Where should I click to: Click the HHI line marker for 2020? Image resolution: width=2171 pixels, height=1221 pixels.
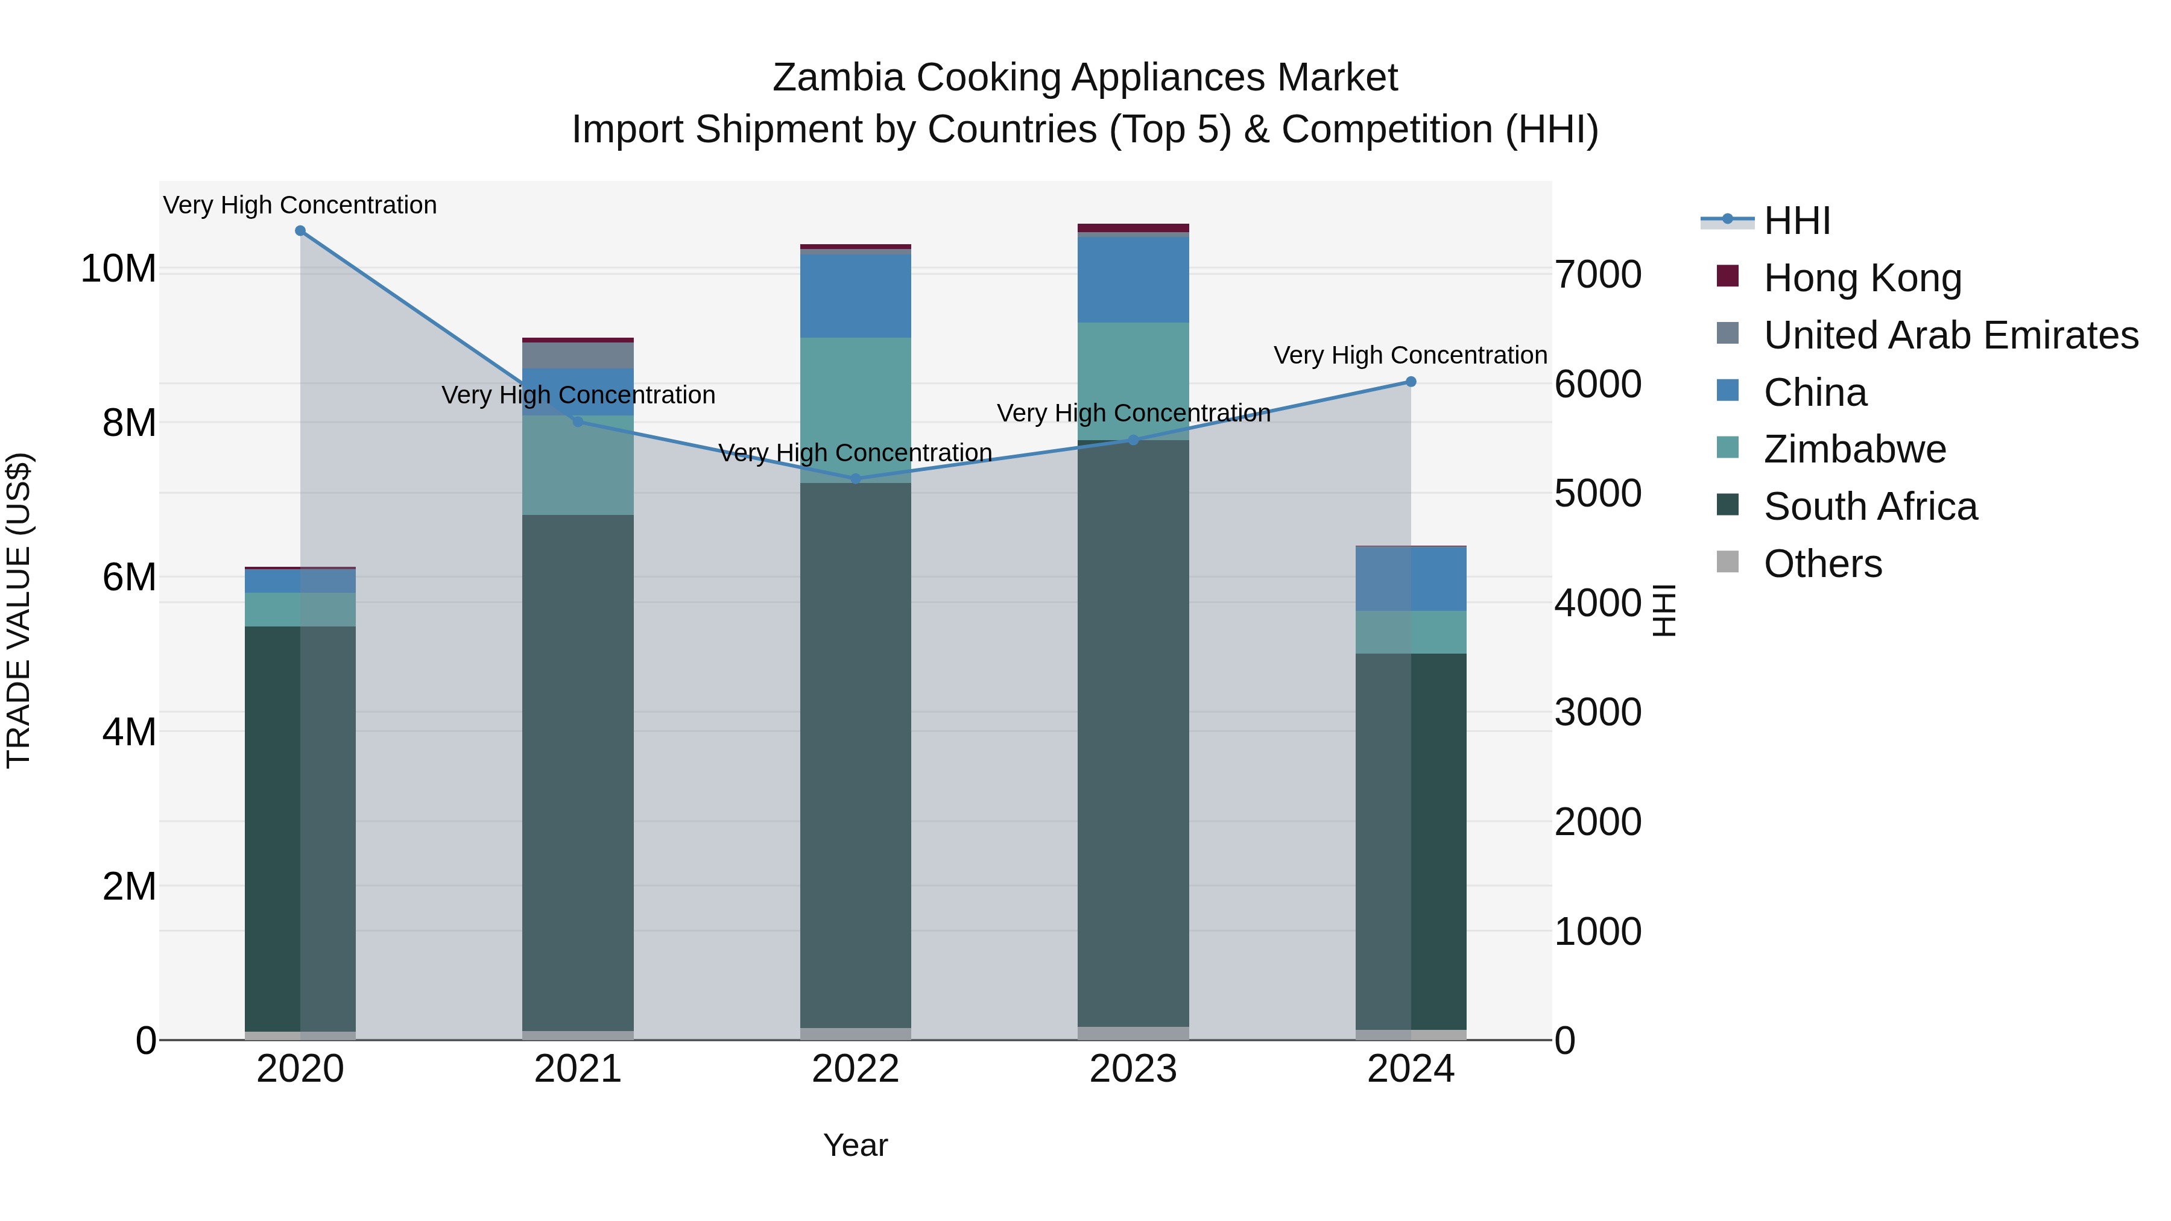[x=300, y=231]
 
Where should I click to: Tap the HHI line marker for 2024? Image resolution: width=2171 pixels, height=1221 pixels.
[x=1411, y=382]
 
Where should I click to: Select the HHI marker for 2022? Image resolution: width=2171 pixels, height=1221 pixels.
[x=855, y=479]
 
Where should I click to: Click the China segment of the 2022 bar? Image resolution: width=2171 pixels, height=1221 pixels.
[x=855, y=295]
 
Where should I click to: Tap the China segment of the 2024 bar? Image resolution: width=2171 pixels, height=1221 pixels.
[x=1411, y=579]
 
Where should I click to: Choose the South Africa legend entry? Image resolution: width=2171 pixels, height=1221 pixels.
[x=1869, y=506]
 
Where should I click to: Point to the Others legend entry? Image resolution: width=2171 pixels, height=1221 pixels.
[x=1822, y=564]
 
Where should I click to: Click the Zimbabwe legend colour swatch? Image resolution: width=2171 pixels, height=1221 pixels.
[x=1728, y=447]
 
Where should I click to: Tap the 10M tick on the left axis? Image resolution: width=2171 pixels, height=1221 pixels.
[x=118, y=269]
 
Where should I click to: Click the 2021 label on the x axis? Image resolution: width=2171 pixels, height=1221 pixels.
[x=578, y=1069]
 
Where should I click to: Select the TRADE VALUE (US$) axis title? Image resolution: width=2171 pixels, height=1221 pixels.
[x=19, y=610]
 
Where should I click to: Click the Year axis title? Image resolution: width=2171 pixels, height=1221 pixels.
[x=855, y=1145]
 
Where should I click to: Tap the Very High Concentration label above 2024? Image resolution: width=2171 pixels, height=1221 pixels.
[x=1410, y=356]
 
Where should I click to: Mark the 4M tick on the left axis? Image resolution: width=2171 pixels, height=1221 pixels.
[x=129, y=731]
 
